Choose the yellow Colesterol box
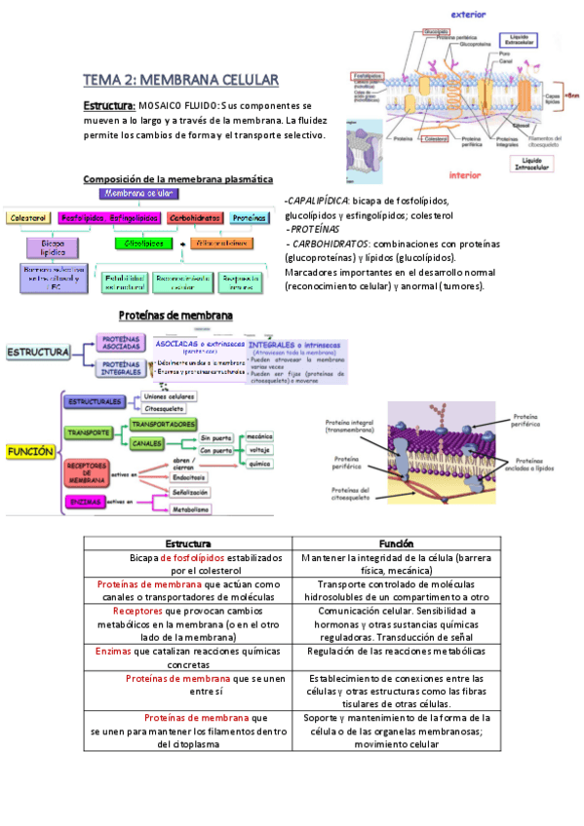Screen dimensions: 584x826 28,218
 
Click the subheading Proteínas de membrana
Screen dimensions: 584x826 175,317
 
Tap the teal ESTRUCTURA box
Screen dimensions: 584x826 37,351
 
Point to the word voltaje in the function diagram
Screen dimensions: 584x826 260,450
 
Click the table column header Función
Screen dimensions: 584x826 396,544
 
